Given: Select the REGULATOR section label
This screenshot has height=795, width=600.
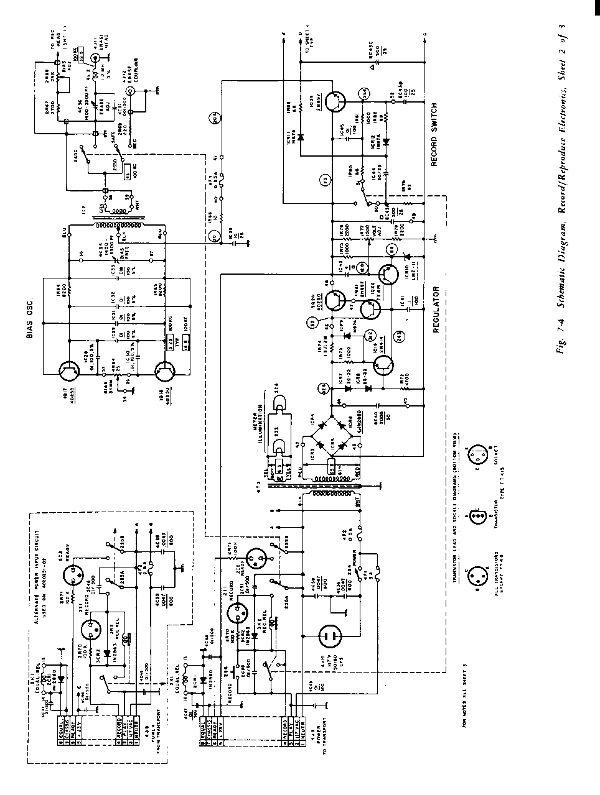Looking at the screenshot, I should [437, 310].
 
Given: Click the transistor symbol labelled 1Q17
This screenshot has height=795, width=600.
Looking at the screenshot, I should [67, 371].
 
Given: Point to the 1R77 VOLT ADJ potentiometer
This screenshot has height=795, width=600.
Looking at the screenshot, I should [368, 240].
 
